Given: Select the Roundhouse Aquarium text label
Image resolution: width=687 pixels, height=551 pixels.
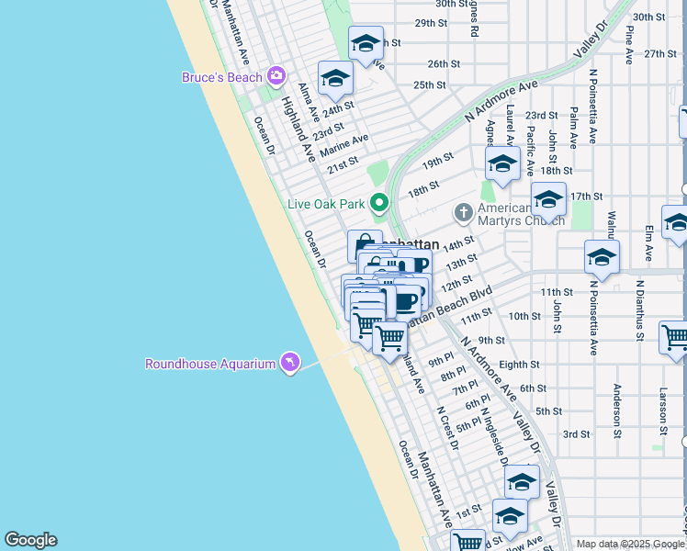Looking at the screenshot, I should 210,365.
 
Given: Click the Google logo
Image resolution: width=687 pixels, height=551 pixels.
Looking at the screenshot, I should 30,540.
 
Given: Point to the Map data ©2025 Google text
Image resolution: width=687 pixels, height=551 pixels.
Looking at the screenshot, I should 629,544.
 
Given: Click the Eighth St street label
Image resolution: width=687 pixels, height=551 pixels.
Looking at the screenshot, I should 520,365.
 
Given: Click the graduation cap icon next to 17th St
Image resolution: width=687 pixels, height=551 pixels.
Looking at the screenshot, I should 548,199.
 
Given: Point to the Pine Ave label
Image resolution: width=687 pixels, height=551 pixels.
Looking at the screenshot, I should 629,44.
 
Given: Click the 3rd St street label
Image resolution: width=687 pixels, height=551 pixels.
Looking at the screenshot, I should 576,434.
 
